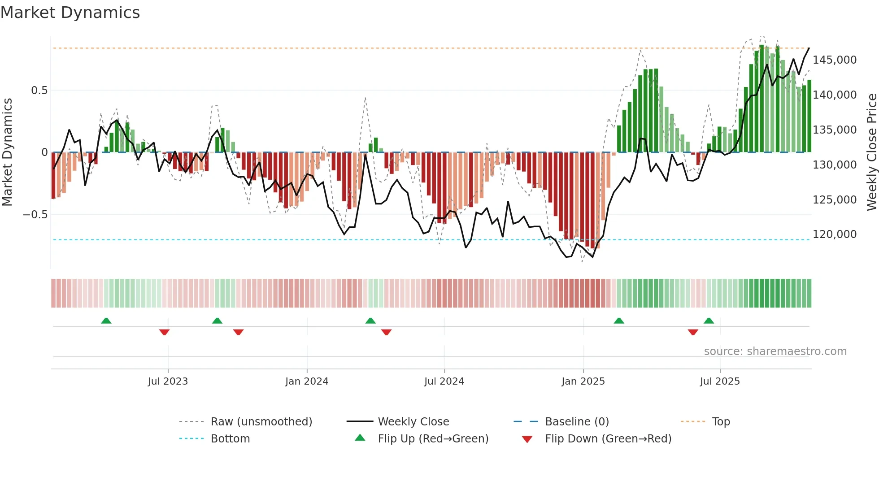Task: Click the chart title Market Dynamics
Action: pos(70,13)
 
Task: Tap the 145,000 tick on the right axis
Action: pos(834,60)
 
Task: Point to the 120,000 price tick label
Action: pos(834,234)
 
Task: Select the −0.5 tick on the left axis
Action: pos(35,215)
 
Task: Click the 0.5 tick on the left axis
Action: pos(39,91)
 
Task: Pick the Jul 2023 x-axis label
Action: pos(168,381)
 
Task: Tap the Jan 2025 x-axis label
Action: pos(583,381)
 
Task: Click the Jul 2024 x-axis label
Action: pos(444,381)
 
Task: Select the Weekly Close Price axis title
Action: pos(871,152)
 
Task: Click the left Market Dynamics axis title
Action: pos(7,152)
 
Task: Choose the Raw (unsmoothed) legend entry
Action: pos(261,422)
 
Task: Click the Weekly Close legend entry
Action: pos(413,422)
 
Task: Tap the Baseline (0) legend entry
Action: pos(577,422)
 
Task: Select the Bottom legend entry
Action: pos(230,439)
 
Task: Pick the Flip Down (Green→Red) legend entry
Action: pos(608,439)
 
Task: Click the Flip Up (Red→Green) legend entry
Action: pos(433,439)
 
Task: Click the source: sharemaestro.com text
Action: pos(775,351)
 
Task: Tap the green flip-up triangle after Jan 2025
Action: pos(619,321)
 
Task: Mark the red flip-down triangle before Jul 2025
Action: pos(693,332)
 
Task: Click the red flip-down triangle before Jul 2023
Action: pos(164,332)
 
